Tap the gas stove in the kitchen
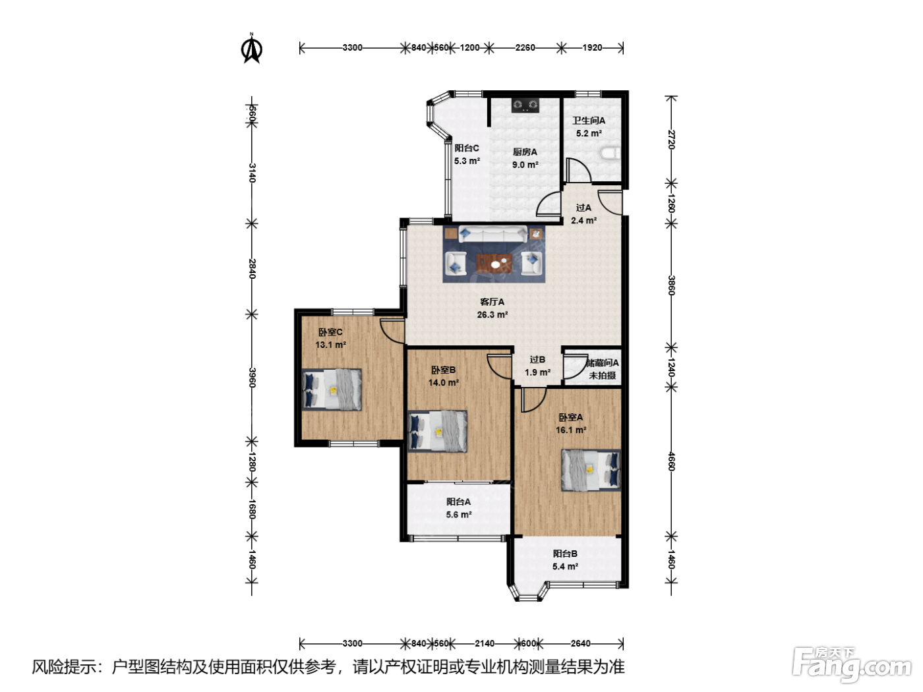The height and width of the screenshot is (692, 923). click(525, 105)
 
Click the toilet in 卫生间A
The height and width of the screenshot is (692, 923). click(611, 153)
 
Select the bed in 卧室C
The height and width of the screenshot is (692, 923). click(332, 389)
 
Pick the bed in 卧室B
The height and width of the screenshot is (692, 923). click(437, 431)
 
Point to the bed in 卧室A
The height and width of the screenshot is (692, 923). click(591, 470)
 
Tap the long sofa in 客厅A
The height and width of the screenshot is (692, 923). click(492, 233)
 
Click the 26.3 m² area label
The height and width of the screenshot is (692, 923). click(492, 314)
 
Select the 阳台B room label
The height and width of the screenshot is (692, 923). click(565, 554)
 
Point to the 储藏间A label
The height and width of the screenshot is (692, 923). click(603, 362)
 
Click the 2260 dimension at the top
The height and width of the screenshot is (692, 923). click(525, 47)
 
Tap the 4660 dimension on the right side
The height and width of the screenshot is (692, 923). click(671, 461)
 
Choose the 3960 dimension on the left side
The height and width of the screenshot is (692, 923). click(252, 378)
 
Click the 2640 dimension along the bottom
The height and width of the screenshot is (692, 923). click(580, 643)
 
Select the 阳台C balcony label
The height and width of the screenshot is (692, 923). click(466, 148)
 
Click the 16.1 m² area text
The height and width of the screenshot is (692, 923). click(571, 430)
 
